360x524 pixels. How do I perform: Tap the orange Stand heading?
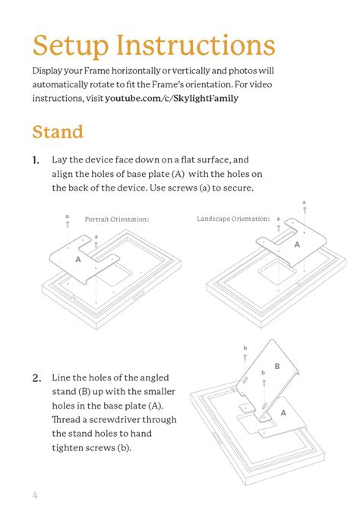[x=58, y=132]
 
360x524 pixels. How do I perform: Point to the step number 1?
[x=36, y=160]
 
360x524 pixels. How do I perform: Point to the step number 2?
[x=36, y=377]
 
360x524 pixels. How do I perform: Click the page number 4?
[x=35, y=496]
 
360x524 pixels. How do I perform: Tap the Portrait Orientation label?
[x=116, y=219]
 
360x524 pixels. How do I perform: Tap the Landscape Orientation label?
[x=232, y=219]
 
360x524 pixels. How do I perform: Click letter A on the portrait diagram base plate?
[x=78, y=259]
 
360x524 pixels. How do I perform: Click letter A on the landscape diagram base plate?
[x=297, y=245]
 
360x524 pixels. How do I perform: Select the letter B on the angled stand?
[x=277, y=366]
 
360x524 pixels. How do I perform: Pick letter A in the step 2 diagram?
[x=283, y=412]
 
